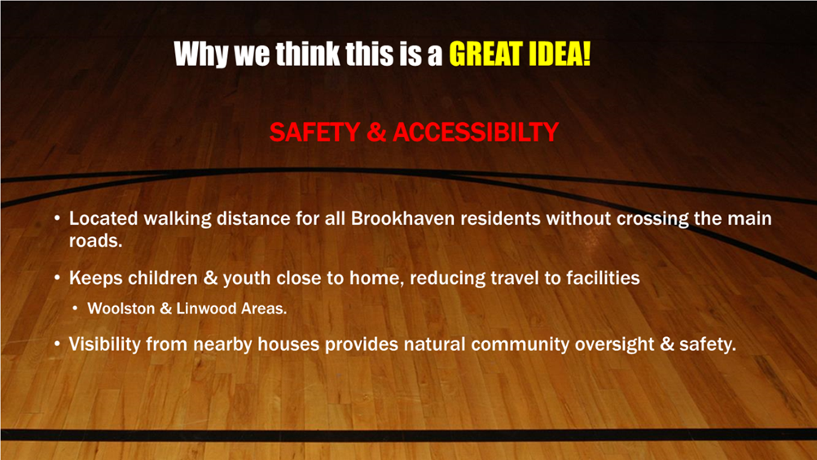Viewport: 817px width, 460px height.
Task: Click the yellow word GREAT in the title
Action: [x=486, y=54]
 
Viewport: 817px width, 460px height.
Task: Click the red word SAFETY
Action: [x=314, y=132]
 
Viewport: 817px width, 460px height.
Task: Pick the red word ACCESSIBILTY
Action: [x=475, y=132]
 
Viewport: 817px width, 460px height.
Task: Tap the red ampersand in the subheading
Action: [x=376, y=132]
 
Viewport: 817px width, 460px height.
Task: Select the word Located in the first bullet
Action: [x=103, y=218]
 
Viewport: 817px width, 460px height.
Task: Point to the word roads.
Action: [x=95, y=241]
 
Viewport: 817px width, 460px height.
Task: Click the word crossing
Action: [x=652, y=219]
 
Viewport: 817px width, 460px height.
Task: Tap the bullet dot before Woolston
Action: [x=75, y=309]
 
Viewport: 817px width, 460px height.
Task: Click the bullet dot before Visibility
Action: [x=57, y=344]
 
